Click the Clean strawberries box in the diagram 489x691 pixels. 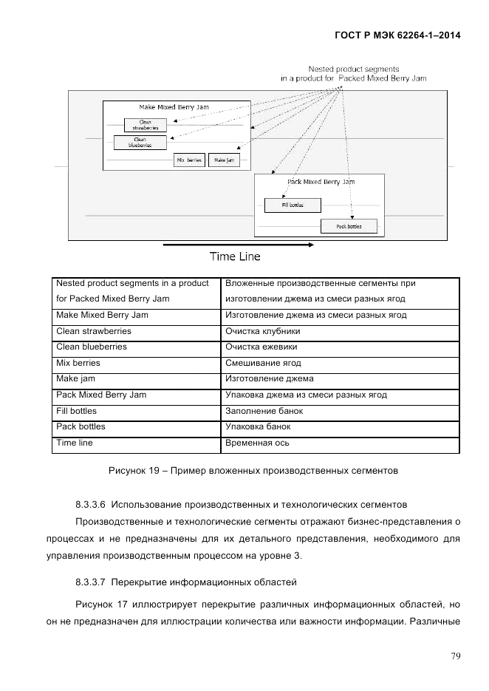(x=146, y=125)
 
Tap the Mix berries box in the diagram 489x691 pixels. (x=189, y=160)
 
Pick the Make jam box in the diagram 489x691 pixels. (x=224, y=160)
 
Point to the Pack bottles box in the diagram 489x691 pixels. (x=349, y=225)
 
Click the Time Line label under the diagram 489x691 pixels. (x=235, y=257)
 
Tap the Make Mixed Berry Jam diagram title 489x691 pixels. (x=174, y=107)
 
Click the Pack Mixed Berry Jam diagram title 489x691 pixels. (x=320, y=181)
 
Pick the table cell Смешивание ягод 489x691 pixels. (x=263, y=363)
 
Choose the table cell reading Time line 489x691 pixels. (x=75, y=443)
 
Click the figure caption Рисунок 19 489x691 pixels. (x=253, y=469)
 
